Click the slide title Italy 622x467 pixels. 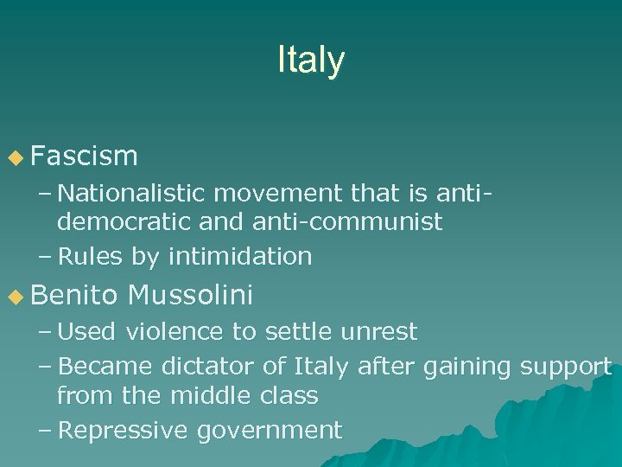[311, 61]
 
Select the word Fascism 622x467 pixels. [84, 156]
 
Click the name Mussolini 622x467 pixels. [189, 297]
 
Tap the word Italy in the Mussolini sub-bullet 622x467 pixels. [321, 366]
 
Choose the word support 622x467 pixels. [566, 367]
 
